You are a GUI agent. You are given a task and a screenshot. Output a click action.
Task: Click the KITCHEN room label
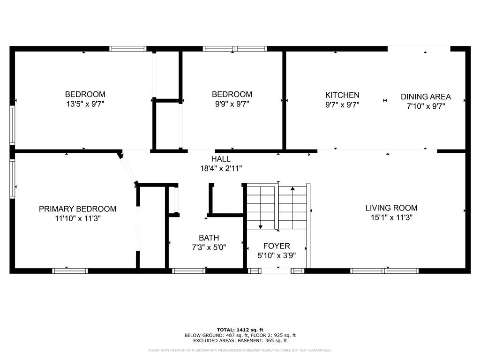342,95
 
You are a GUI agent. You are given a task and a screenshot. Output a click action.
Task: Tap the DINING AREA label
426,97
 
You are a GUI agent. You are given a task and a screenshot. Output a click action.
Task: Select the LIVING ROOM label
391,208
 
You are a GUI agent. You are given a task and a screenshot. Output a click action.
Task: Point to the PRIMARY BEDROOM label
77,209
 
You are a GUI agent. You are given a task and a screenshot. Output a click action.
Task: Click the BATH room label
209,238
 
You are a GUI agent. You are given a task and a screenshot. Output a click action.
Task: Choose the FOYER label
277,246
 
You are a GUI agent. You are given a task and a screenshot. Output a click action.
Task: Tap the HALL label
221,159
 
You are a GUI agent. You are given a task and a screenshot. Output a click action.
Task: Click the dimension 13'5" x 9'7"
85,104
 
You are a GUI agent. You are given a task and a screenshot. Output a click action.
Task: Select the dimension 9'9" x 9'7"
232,104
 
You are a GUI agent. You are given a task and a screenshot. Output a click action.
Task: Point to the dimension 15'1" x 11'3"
391,217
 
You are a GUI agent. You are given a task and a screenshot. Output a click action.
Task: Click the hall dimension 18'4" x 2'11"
221,168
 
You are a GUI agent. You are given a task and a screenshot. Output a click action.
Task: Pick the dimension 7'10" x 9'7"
426,106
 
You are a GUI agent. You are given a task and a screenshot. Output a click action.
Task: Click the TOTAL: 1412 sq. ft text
240,330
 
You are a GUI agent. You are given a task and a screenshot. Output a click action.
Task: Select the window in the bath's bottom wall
189,270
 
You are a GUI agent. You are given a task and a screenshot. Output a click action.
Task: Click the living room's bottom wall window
384,270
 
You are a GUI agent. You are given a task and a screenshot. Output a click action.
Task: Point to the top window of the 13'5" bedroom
128,48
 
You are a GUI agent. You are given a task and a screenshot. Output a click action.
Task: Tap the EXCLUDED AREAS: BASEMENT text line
240,341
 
